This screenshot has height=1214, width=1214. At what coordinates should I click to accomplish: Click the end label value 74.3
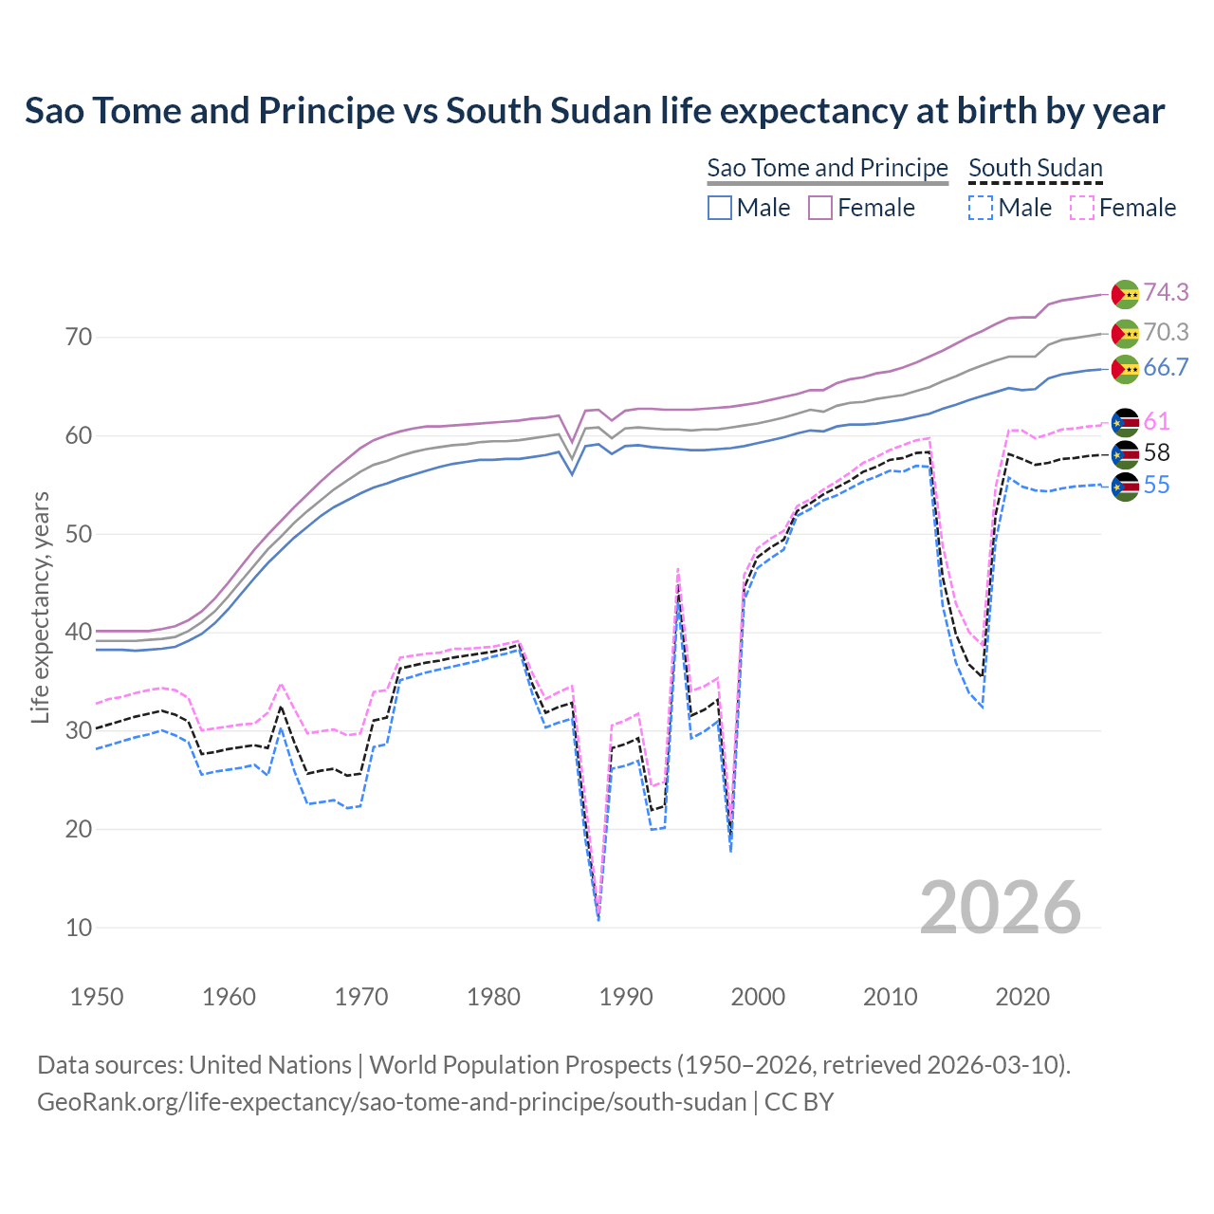(x=1166, y=292)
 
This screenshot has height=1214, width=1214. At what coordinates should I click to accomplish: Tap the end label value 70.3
(x=1166, y=332)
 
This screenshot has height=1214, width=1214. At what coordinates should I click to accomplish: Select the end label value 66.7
(x=1166, y=368)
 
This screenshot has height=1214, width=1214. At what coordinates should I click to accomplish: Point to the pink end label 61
(x=1156, y=421)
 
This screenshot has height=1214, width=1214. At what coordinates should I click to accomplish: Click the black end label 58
(x=1156, y=453)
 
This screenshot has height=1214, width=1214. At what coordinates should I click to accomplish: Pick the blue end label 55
(x=1156, y=486)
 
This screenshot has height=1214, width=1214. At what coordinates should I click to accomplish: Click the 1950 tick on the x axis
(x=97, y=997)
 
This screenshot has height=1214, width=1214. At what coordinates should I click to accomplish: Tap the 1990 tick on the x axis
(x=626, y=997)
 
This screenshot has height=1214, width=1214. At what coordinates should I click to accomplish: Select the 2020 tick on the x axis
(x=1022, y=997)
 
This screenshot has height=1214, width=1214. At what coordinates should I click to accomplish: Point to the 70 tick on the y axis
(x=79, y=338)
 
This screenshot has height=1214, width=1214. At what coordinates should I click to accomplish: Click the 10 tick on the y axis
(x=79, y=928)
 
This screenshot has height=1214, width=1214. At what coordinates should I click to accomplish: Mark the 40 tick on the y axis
(x=79, y=633)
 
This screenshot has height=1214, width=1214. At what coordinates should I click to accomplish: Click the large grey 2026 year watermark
(x=1000, y=908)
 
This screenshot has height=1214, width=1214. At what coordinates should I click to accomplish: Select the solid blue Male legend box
(x=720, y=208)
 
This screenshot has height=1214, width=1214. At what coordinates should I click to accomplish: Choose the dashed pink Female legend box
(x=1082, y=208)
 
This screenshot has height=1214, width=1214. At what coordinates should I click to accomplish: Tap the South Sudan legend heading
(x=1035, y=168)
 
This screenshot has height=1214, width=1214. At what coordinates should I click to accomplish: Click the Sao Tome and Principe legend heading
(x=827, y=168)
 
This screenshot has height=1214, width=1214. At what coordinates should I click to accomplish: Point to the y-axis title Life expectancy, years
(x=41, y=607)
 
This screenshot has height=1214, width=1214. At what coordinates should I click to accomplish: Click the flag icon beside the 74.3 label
(x=1125, y=294)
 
